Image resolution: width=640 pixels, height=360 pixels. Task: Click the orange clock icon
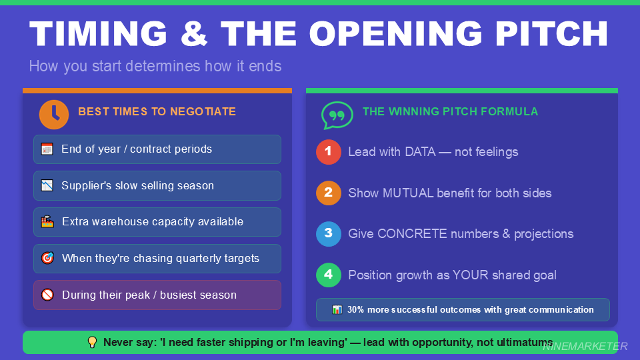(54, 114)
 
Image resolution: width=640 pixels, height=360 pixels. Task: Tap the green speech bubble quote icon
(337, 115)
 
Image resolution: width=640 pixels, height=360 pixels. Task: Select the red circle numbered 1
(328, 152)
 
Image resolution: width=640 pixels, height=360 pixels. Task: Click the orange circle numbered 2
(328, 193)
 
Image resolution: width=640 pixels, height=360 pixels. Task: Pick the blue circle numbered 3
(328, 234)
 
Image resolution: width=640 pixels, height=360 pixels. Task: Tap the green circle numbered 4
(328, 275)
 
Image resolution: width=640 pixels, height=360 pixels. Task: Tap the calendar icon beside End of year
(47, 149)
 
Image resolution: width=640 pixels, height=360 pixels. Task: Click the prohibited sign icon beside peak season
(47, 295)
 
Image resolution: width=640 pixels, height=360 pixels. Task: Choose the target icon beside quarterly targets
(47, 258)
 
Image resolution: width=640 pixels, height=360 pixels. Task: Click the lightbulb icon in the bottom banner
(93, 343)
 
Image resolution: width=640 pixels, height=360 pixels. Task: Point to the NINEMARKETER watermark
(585, 346)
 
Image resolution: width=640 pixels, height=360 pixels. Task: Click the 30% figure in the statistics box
(356, 309)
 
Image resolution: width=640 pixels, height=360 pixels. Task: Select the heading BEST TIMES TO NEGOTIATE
(157, 112)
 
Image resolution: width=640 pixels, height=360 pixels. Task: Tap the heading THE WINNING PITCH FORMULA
(450, 112)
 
